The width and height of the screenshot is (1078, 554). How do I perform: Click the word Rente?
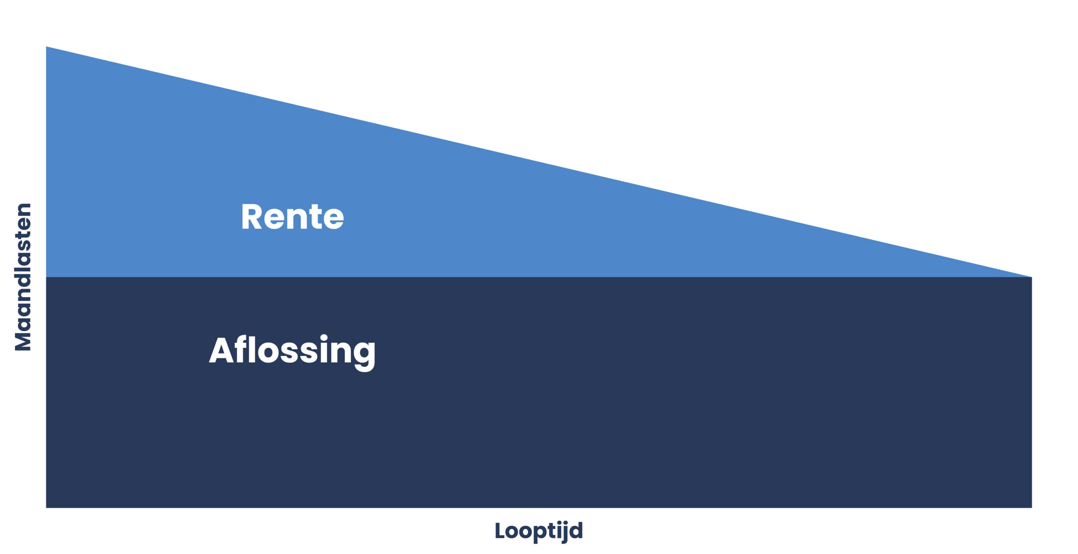pyautogui.click(x=292, y=217)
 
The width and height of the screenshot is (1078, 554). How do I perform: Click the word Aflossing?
pyautogui.click(x=292, y=351)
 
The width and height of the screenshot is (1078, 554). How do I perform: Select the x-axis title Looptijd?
pyautogui.click(x=539, y=531)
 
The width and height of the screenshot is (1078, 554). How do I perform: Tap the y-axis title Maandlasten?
pyautogui.click(x=23, y=277)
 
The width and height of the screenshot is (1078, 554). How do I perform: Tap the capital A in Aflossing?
pyautogui.click(x=221, y=351)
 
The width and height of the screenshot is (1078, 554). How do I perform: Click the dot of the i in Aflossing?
pyautogui.click(x=324, y=338)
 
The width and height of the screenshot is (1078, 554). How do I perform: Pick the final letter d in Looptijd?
pyautogui.click(x=576, y=530)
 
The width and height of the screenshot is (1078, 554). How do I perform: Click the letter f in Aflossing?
pyautogui.click(x=241, y=350)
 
